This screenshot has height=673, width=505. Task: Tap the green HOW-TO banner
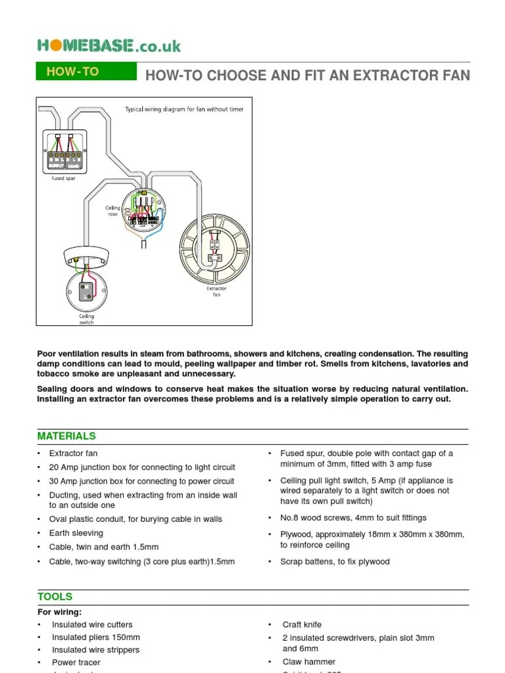(85, 72)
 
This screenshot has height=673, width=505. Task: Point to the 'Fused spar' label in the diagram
(63, 178)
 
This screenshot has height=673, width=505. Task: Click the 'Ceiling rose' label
(113, 211)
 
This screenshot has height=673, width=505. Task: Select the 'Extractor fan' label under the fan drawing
(216, 291)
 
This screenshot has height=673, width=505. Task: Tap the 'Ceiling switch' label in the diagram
(86, 319)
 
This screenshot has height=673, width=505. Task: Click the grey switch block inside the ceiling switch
(86, 291)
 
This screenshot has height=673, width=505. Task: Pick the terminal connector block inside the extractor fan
(214, 244)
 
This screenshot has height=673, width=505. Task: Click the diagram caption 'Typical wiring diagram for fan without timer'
(184, 109)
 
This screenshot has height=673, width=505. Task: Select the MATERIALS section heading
(66, 436)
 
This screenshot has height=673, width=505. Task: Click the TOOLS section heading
(55, 597)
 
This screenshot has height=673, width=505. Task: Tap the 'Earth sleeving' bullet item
(76, 533)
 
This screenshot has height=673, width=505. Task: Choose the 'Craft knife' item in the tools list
(302, 624)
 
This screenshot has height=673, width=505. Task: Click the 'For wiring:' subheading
(60, 612)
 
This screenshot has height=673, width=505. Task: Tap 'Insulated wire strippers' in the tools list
(96, 650)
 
